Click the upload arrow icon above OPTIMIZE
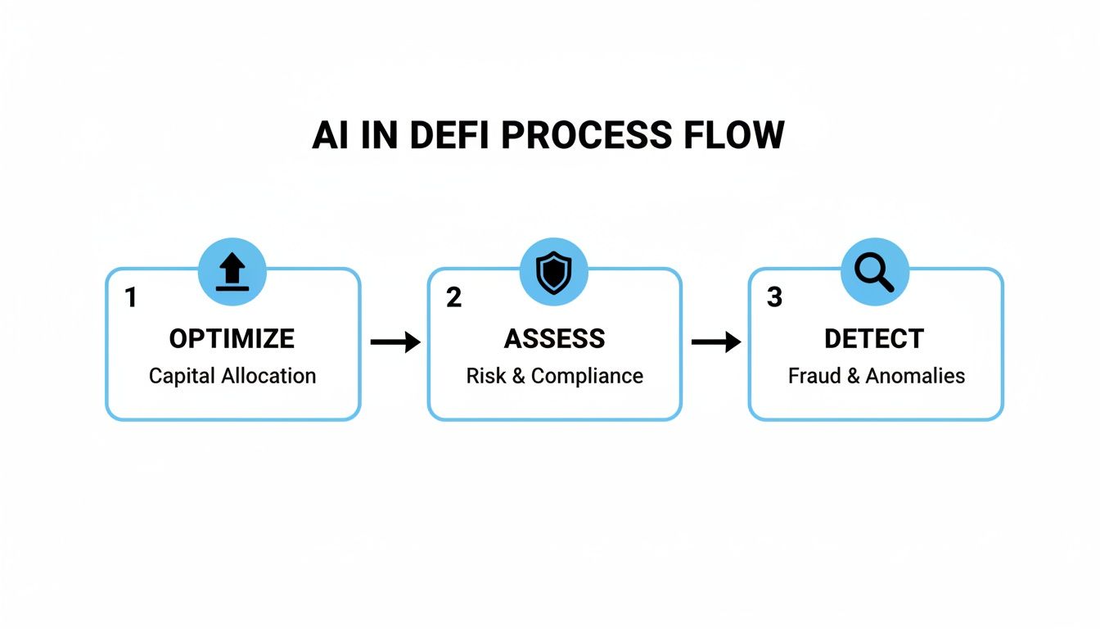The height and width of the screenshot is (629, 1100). tap(232, 273)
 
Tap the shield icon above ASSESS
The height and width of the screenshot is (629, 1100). tap(554, 273)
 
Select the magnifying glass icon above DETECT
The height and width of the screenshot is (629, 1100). tap(875, 273)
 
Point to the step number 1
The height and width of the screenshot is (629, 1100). tap(130, 297)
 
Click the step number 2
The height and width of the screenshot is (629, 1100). tap(453, 297)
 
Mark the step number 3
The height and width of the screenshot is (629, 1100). tap(774, 297)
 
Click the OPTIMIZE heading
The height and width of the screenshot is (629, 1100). tap(232, 338)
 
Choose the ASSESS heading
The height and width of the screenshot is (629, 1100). tap(554, 338)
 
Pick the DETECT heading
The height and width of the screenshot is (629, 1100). tap(874, 338)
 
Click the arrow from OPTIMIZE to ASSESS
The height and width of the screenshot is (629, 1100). tap(394, 342)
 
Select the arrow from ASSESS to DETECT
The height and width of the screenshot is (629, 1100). tap(715, 342)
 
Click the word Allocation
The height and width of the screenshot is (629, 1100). tap(268, 376)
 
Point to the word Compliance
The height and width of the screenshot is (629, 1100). tap(587, 376)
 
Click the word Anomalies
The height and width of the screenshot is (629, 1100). tap(915, 376)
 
